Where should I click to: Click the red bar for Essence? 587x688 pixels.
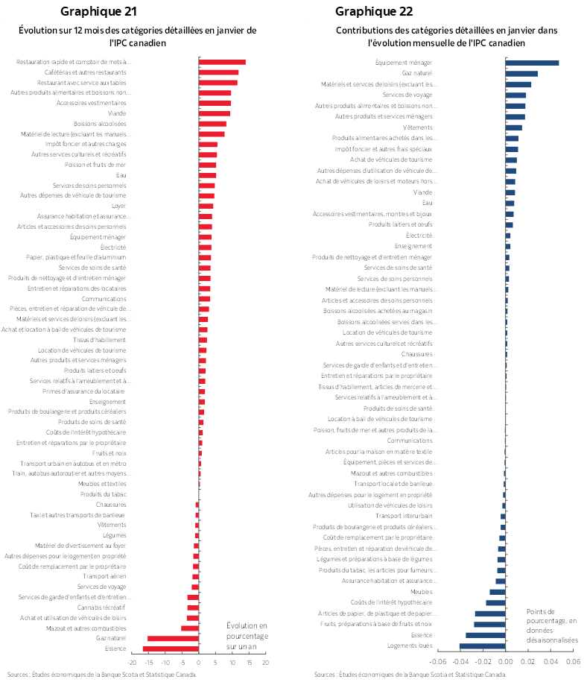pyautogui.click(x=171, y=648)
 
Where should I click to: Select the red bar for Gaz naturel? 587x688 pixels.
pyautogui.click(x=173, y=638)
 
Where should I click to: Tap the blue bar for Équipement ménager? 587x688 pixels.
pyautogui.click(x=532, y=63)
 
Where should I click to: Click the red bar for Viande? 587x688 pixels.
pyautogui.click(x=215, y=113)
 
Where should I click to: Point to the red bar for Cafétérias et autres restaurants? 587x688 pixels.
pyautogui.click(x=218, y=72)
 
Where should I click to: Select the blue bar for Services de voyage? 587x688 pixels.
pyautogui.click(x=515, y=95)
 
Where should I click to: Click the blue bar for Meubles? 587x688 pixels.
pyautogui.click(x=497, y=592)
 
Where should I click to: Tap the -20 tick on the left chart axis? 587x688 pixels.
pyautogui.click(x=132, y=661)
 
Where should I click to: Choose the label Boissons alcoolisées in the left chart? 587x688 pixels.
pyautogui.click(x=100, y=124)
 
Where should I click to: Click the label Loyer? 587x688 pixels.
pyautogui.click(x=118, y=206)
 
